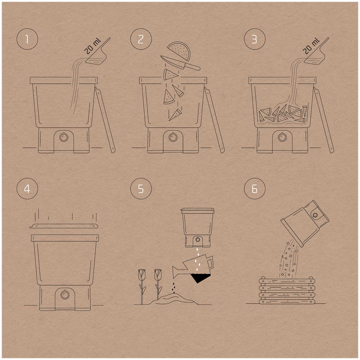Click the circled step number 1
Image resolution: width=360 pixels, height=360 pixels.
tap(27, 39)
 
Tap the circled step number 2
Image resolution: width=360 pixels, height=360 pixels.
tap(141, 39)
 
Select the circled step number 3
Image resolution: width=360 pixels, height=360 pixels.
tap(255, 39)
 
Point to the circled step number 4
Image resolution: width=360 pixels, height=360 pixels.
tap(27, 189)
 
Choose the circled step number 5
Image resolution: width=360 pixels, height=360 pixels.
tap(141, 189)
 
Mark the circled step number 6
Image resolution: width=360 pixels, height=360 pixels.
tap(255, 189)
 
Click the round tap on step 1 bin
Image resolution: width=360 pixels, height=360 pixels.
tap(64, 137)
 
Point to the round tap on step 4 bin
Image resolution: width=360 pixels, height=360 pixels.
tap(64, 294)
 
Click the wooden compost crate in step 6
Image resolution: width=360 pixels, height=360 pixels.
tap(286, 290)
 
